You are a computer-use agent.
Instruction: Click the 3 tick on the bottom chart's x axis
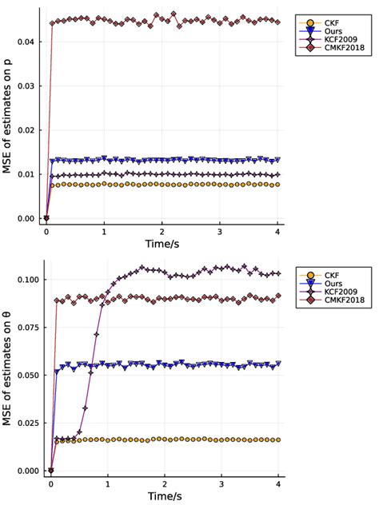tap(221, 484)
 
